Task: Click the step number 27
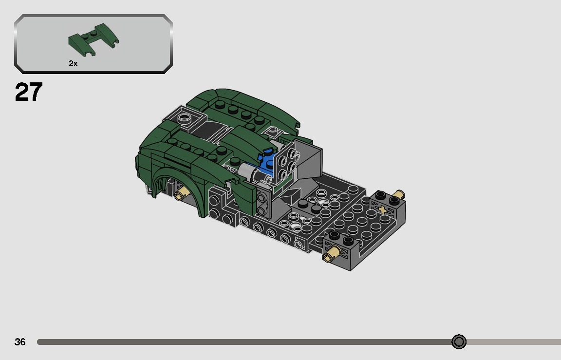[x=29, y=93]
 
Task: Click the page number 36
[x=20, y=342]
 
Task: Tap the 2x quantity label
[x=73, y=64]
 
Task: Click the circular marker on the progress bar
[x=459, y=342]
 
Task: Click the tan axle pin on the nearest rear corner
[x=333, y=253]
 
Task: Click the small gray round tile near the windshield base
[x=273, y=131]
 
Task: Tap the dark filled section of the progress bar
[x=243, y=342]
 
